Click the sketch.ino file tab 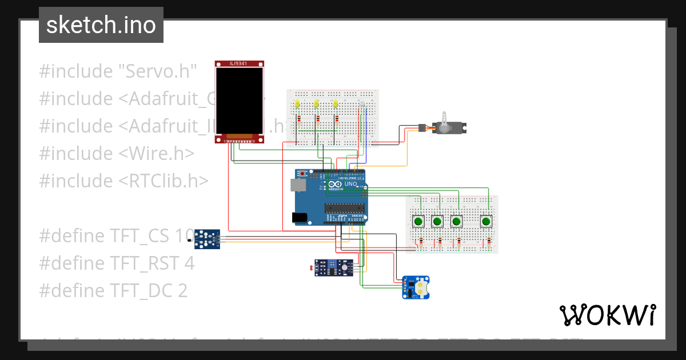click(101, 25)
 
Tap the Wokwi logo click(607, 315)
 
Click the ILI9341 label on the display click(240, 63)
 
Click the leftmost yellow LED click(298, 104)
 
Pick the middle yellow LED click(317, 104)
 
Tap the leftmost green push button click(418, 221)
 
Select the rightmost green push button click(486, 221)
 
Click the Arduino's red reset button click(302, 173)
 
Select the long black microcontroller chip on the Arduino click(344, 207)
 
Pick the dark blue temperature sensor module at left click(206, 239)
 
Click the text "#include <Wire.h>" click(117, 153)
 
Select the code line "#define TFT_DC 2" click(113, 290)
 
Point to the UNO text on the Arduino click(349, 183)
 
